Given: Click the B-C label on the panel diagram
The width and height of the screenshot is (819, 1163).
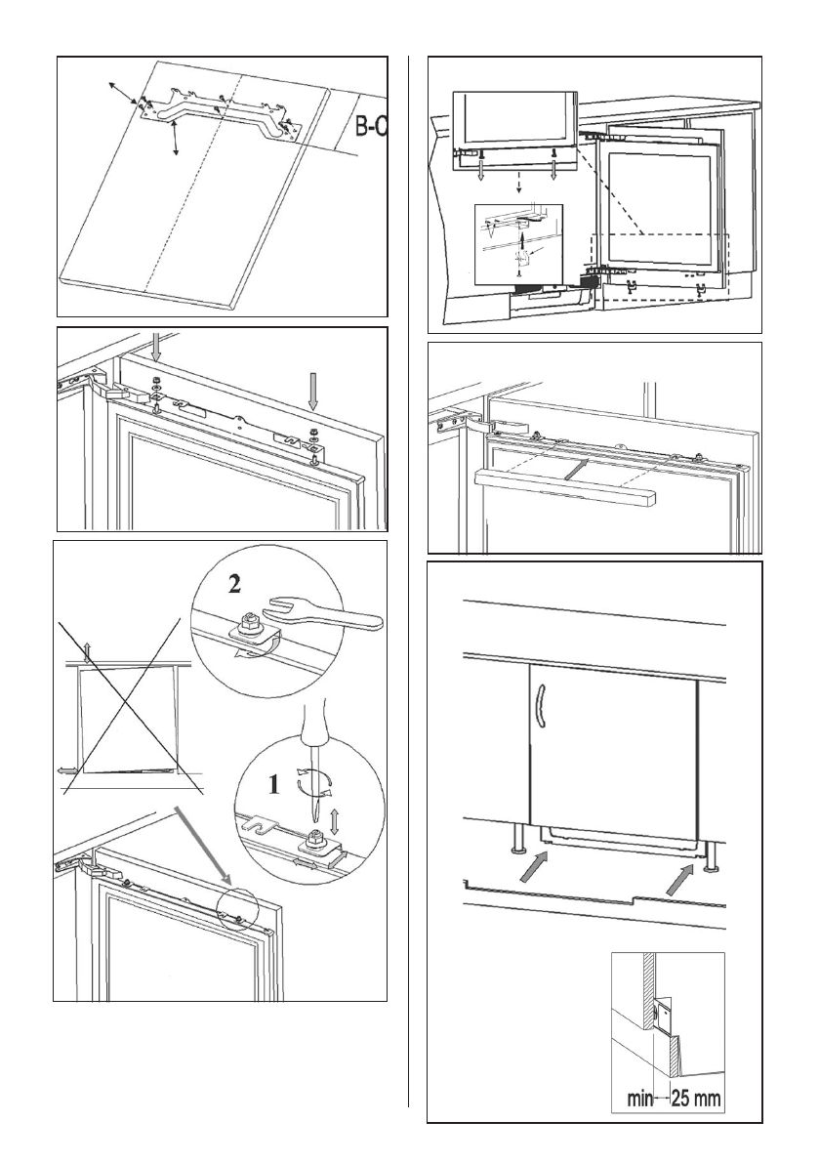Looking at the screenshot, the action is pos(370,128).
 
